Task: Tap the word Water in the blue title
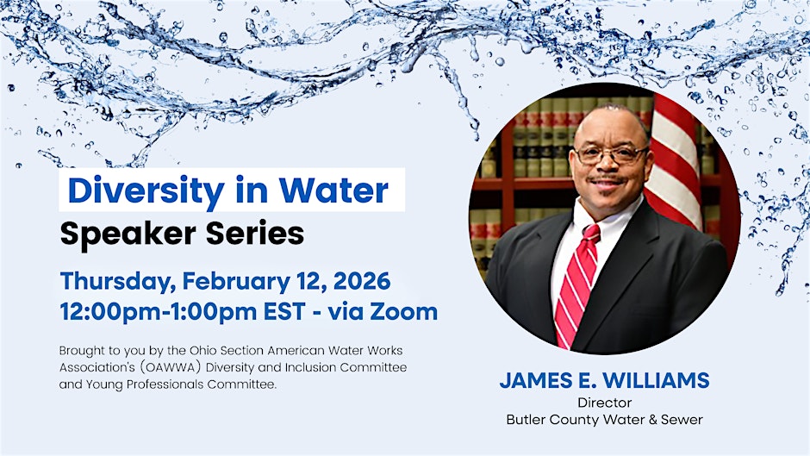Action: pos(333,191)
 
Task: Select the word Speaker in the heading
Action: pos(128,234)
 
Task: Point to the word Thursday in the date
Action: pos(117,282)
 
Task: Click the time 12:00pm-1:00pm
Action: pos(158,312)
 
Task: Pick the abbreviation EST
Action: pos(283,312)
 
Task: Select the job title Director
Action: pos(604,403)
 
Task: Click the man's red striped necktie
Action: pos(576,284)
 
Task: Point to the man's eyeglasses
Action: pos(611,154)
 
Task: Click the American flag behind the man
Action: pos(673,160)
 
